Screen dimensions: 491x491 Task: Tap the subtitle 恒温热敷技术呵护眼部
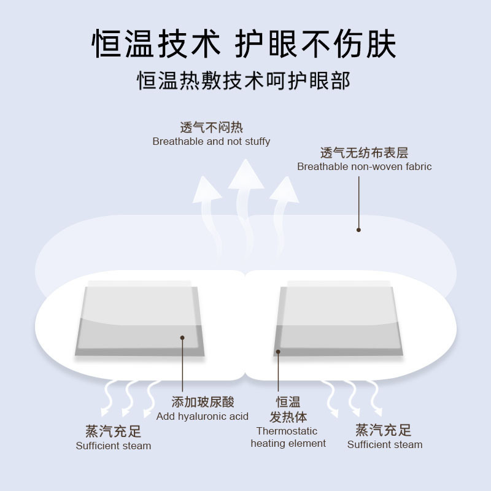click(x=244, y=80)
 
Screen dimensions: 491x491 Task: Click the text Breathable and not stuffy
click(x=211, y=142)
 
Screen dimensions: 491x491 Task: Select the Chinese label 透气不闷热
click(x=211, y=128)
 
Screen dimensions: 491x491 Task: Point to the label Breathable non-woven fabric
click(x=364, y=166)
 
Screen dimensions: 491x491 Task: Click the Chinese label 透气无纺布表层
click(x=364, y=153)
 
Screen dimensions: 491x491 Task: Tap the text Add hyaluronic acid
click(x=203, y=416)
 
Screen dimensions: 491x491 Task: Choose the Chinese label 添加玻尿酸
click(x=203, y=403)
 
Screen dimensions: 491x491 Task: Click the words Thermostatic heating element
click(x=288, y=437)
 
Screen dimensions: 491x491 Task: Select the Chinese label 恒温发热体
click(x=288, y=410)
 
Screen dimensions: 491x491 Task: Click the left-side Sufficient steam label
click(x=114, y=445)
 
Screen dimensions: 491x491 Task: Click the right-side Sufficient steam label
click(x=385, y=445)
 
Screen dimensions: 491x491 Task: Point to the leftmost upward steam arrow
click(x=207, y=196)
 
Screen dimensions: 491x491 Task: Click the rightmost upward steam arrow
click(x=284, y=196)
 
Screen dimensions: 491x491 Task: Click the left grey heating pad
click(x=140, y=319)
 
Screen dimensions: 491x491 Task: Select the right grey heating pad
click(x=339, y=319)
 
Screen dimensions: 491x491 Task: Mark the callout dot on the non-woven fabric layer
click(x=359, y=230)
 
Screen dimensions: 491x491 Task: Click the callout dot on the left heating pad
click(x=182, y=337)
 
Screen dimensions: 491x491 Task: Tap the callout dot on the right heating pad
click(x=277, y=352)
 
